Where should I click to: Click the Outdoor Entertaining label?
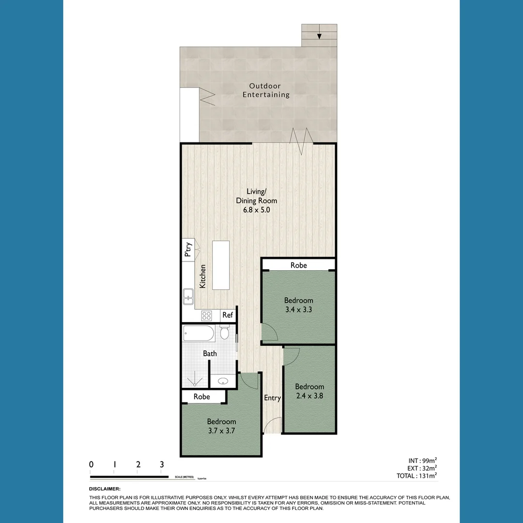266,91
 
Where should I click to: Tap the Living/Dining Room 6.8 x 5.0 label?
256,201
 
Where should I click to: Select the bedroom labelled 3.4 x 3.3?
298,305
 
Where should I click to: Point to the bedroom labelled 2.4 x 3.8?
309,391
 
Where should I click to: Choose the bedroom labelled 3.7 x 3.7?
221,426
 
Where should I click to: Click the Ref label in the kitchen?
228,315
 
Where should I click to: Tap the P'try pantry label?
188,249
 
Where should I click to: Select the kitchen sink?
188,296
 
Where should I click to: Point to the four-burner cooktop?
207,316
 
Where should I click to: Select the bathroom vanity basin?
223,381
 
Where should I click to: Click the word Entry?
272,398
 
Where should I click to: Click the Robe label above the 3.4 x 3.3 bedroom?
298,265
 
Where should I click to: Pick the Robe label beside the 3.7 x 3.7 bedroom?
201,397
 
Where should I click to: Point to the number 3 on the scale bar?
162,464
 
